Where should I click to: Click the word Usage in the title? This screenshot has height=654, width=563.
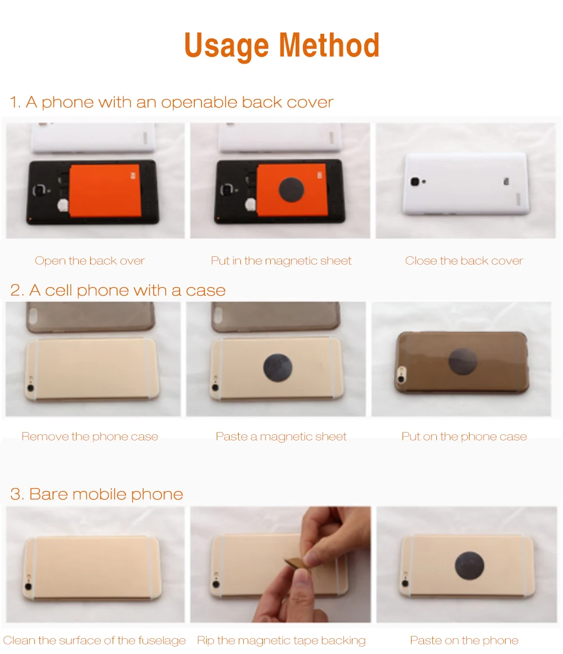[226, 46]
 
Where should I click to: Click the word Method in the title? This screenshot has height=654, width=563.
[329, 45]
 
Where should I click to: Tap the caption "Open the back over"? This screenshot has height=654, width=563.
[90, 261]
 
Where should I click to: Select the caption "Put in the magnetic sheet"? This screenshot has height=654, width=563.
[281, 261]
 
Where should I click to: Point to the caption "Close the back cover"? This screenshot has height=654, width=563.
[464, 261]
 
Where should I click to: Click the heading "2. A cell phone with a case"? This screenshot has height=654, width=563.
[118, 290]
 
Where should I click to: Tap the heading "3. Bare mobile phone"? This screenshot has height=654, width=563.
[97, 494]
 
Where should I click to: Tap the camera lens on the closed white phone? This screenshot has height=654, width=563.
[414, 181]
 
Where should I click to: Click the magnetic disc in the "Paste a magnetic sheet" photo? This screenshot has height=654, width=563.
[278, 367]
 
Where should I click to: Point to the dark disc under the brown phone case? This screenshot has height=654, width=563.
[463, 361]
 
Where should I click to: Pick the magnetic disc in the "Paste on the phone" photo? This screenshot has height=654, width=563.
[469, 566]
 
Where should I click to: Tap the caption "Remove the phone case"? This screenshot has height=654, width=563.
[90, 437]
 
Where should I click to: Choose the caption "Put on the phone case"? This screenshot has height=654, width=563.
[464, 437]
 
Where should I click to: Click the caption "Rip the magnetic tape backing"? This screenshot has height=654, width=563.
[281, 640]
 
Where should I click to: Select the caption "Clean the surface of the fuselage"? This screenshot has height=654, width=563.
[94, 640]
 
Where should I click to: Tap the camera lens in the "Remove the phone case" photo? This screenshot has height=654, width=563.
[30, 388]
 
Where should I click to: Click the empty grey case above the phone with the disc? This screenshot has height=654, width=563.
[275, 317]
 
